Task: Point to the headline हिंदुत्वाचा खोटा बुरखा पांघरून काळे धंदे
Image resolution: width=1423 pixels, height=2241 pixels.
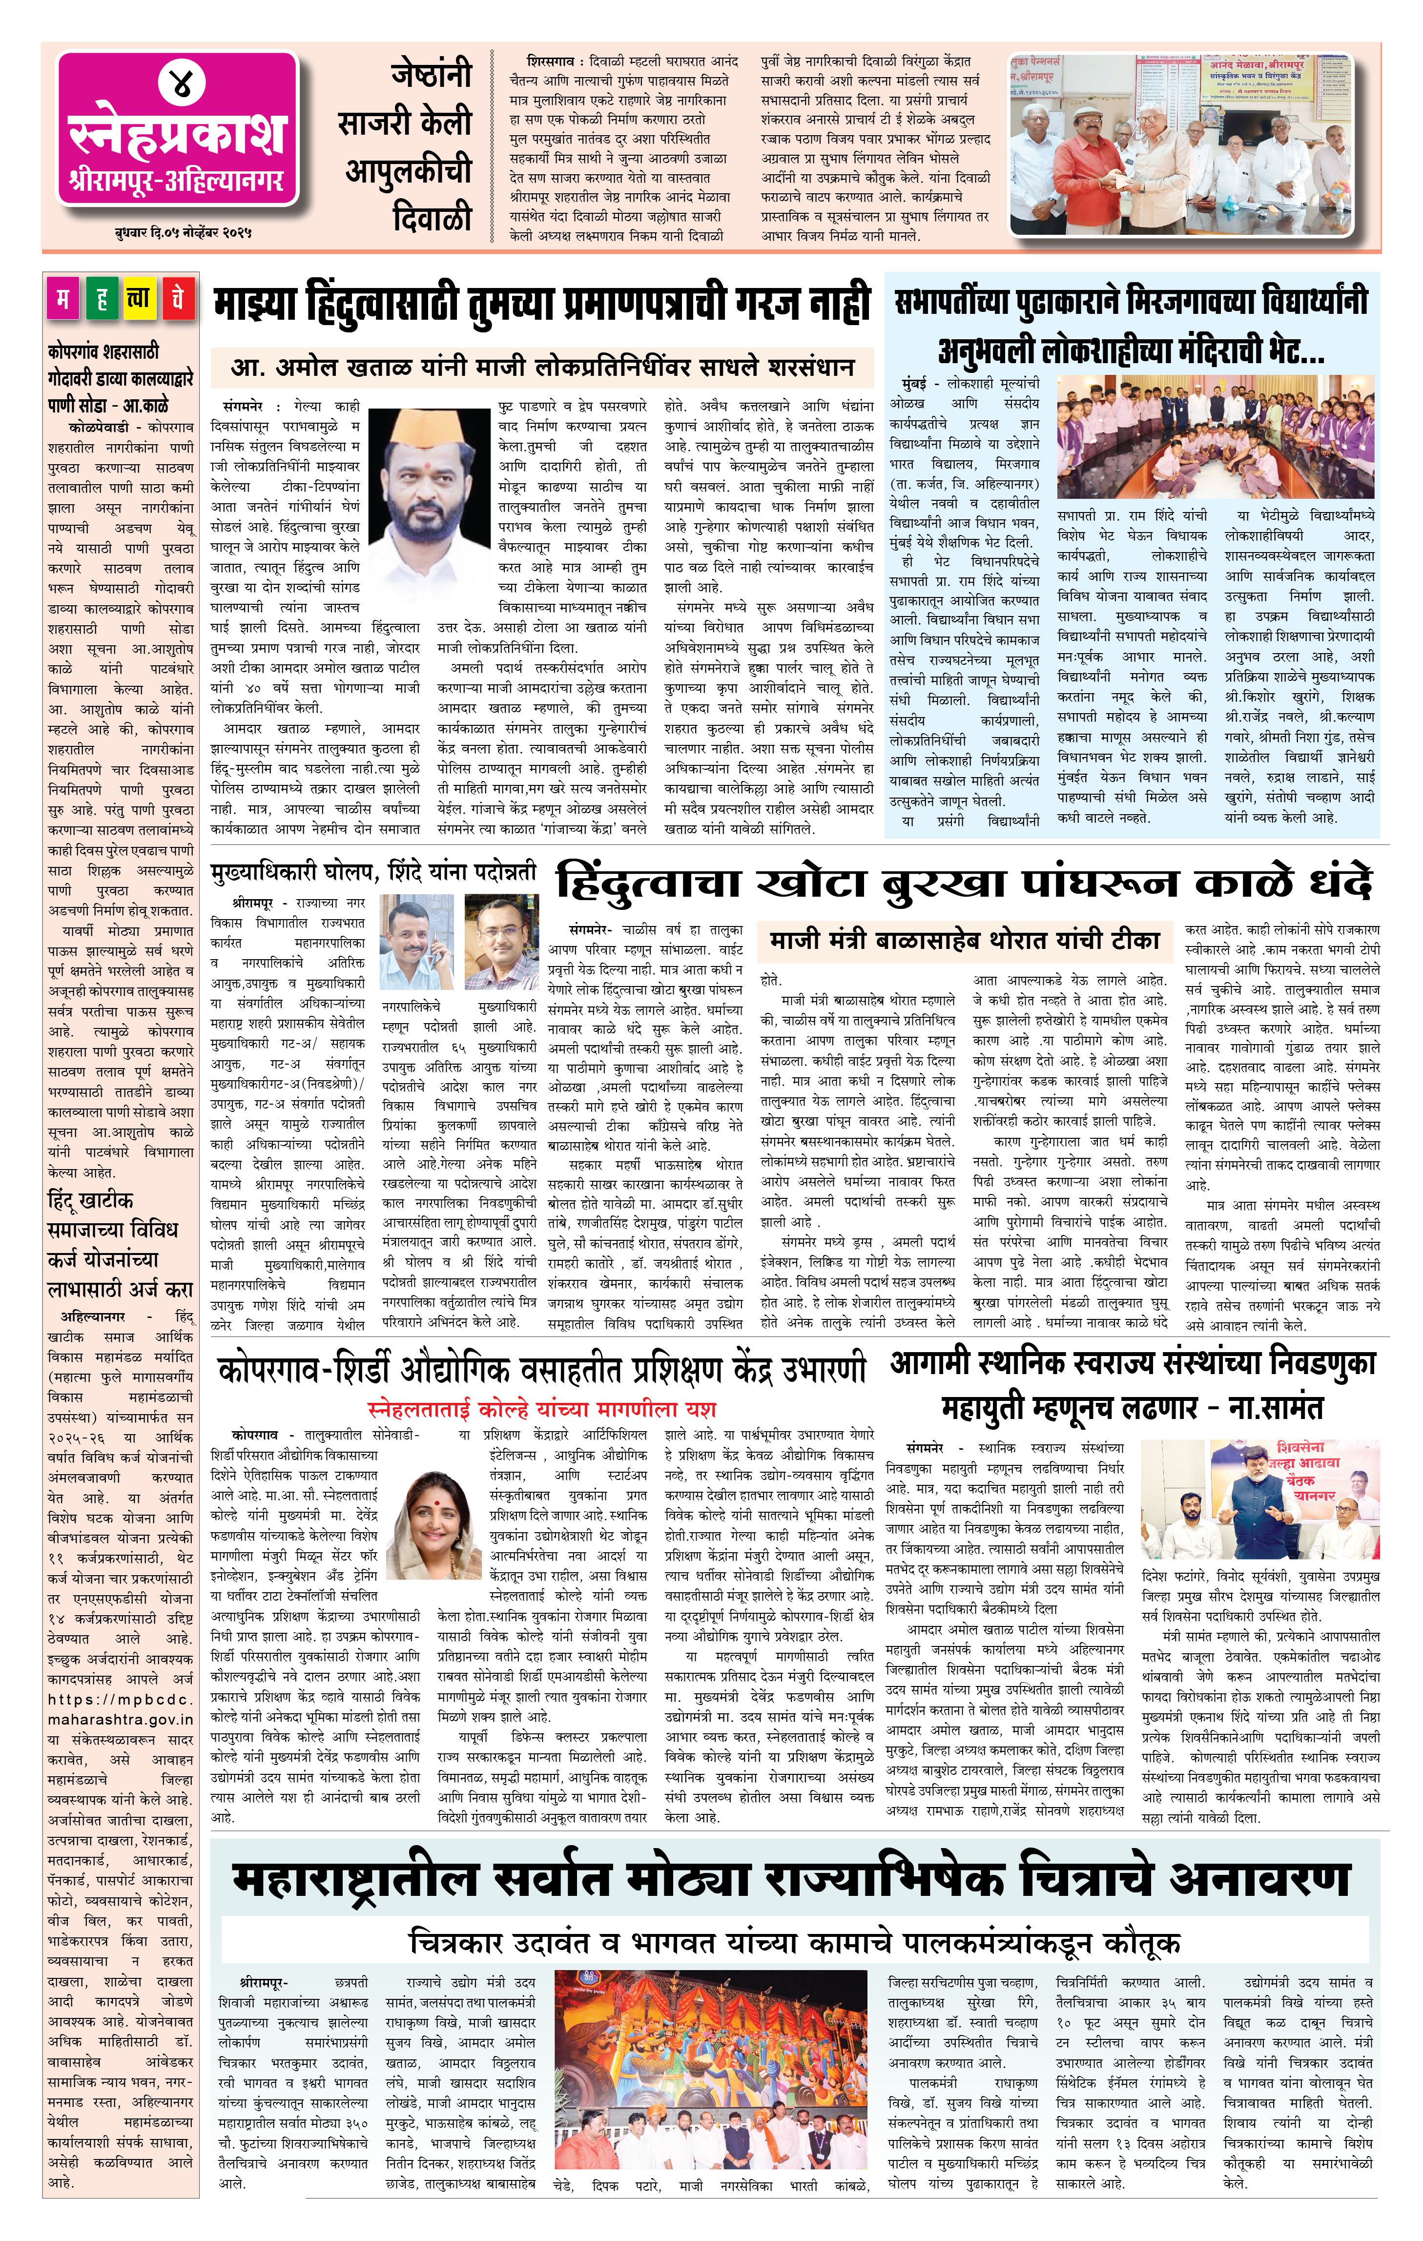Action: tap(963, 882)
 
